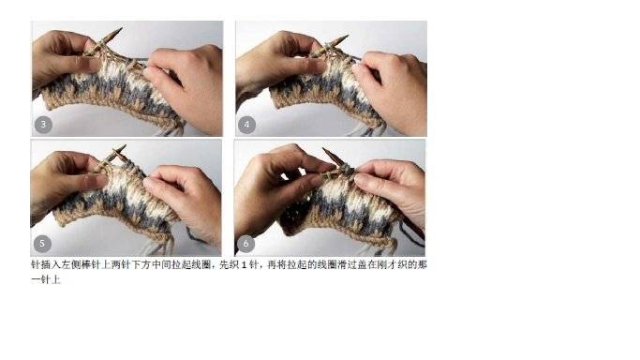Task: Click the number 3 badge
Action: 43,125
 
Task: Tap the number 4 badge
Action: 246,125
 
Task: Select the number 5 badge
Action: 42,244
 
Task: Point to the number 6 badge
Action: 246,244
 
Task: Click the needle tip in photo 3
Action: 121,28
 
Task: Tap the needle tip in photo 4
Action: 348,36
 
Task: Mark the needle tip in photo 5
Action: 125,145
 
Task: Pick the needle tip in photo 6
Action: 324,149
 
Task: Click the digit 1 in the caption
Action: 244,265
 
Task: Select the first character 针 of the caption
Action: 36,265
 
